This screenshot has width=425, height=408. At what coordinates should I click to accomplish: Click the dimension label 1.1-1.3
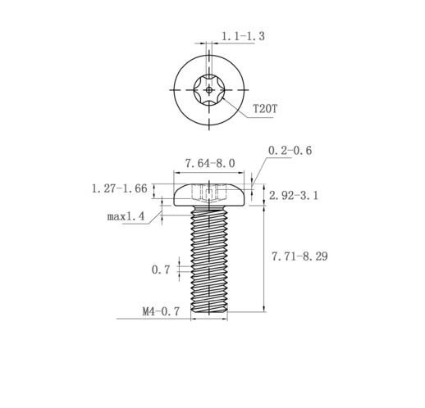(x=243, y=36)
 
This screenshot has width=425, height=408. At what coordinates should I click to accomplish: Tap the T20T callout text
(x=265, y=109)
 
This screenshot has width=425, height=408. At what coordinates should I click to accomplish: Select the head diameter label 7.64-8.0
(x=210, y=163)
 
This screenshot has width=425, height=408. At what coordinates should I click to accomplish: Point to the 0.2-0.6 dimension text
(x=290, y=151)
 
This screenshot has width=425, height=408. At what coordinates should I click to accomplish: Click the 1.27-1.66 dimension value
(x=119, y=188)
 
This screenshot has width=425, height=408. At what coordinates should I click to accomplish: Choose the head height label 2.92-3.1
(x=294, y=196)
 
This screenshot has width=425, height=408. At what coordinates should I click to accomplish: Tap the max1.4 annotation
(x=126, y=216)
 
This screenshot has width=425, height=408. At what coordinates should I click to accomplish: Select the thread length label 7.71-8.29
(x=299, y=256)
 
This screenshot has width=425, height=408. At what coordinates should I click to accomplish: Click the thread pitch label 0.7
(x=161, y=270)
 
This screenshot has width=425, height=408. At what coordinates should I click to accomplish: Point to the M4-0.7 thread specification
(x=161, y=311)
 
